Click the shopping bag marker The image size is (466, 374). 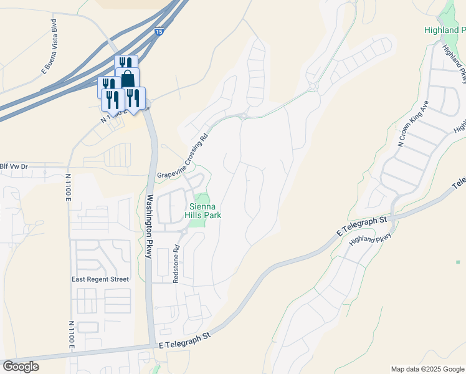(127, 79)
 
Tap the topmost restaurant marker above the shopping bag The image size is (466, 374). (126, 63)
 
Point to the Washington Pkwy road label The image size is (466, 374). (150, 223)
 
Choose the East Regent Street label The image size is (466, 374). (100, 279)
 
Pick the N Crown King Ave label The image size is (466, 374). (413, 123)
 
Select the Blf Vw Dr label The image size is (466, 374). (14, 166)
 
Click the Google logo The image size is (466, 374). (21, 367)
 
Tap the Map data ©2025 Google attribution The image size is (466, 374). (427, 369)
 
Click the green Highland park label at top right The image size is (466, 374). (445, 30)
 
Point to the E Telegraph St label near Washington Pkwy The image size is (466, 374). (185, 340)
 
